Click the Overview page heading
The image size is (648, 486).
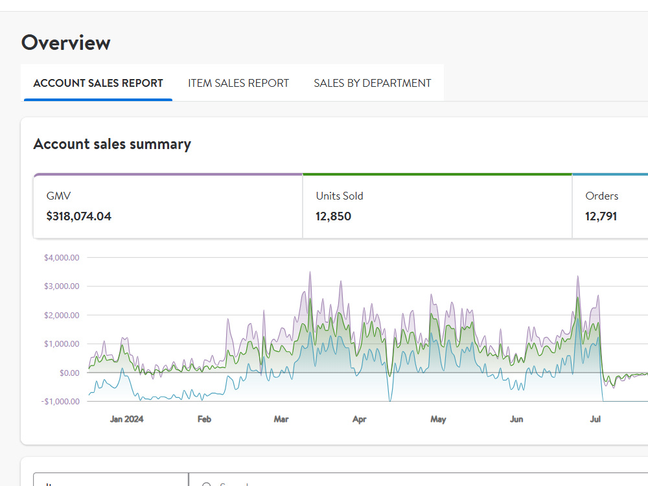tap(65, 43)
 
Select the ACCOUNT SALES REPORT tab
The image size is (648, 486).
tap(98, 83)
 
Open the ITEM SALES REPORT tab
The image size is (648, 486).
tap(238, 83)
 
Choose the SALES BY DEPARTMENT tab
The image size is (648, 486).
tap(373, 83)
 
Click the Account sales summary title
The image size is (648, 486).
tap(112, 145)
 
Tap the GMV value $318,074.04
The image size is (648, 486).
tap(79, 216)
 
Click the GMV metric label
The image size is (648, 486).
tap(59, 196)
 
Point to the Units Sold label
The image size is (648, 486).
tap(340, 196)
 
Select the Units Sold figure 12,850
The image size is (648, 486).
tap(333, 216)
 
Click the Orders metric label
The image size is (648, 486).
tap(602, 196)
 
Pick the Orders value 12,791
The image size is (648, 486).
tap(601, 216)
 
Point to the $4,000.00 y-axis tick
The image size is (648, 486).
tap(62, 257)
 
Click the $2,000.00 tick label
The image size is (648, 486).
tap(62, 316)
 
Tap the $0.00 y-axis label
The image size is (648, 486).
tap(69, 373)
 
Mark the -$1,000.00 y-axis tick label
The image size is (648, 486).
tap(60, 402)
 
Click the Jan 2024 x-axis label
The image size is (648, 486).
tap(126, 419)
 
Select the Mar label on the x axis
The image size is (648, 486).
tap(281, 419)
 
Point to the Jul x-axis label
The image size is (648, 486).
tap(595, 419)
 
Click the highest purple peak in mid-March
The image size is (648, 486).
tap(310, 272)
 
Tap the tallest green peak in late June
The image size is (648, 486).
tap(578, 297)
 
